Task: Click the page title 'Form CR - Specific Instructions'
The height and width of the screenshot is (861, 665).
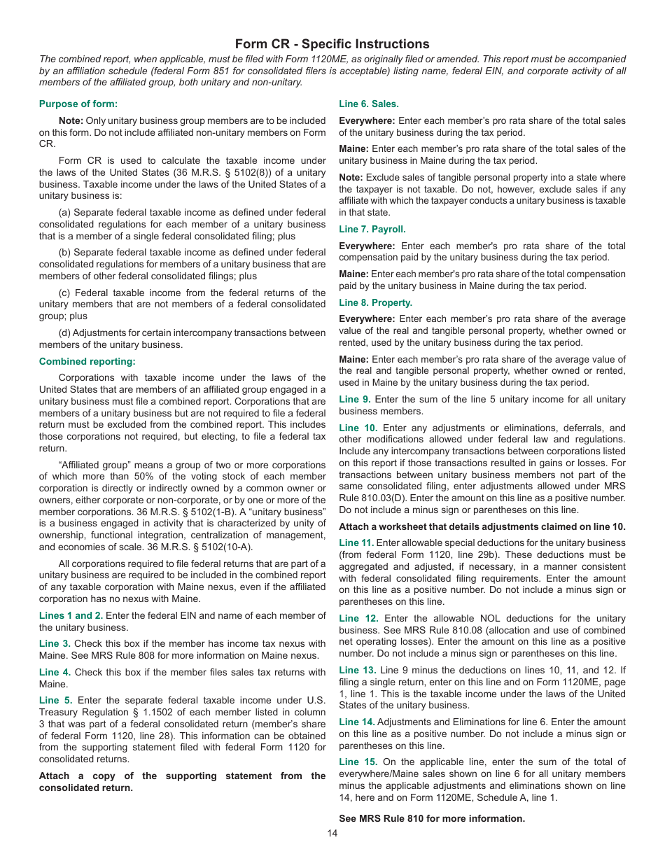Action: (332, 44)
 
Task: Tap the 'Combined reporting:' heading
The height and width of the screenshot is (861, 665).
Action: (87, 362)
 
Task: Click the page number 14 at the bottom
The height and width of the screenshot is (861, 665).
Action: (332, 833)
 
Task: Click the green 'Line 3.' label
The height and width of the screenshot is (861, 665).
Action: (55, 644)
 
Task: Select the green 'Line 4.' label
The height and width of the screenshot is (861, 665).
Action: (55, 673)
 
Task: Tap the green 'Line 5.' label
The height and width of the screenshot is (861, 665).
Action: (55, 701)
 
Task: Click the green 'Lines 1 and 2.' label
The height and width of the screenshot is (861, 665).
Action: (71, 615)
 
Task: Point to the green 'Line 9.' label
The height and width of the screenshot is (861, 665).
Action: (354, 400)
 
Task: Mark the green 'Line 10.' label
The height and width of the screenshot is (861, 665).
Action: (358, 428)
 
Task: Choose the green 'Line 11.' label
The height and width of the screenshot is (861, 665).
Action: (356, 543)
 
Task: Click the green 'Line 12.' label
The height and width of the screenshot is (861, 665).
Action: (358, 619)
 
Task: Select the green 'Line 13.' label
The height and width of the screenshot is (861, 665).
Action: (357, 671)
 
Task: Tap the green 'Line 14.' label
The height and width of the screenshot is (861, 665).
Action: (356, 722)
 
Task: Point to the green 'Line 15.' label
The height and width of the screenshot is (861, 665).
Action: (358, 762)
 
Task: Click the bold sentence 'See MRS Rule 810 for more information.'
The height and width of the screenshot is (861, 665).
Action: (432, 818)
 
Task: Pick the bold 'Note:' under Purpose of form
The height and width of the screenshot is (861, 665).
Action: (71, 121)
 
